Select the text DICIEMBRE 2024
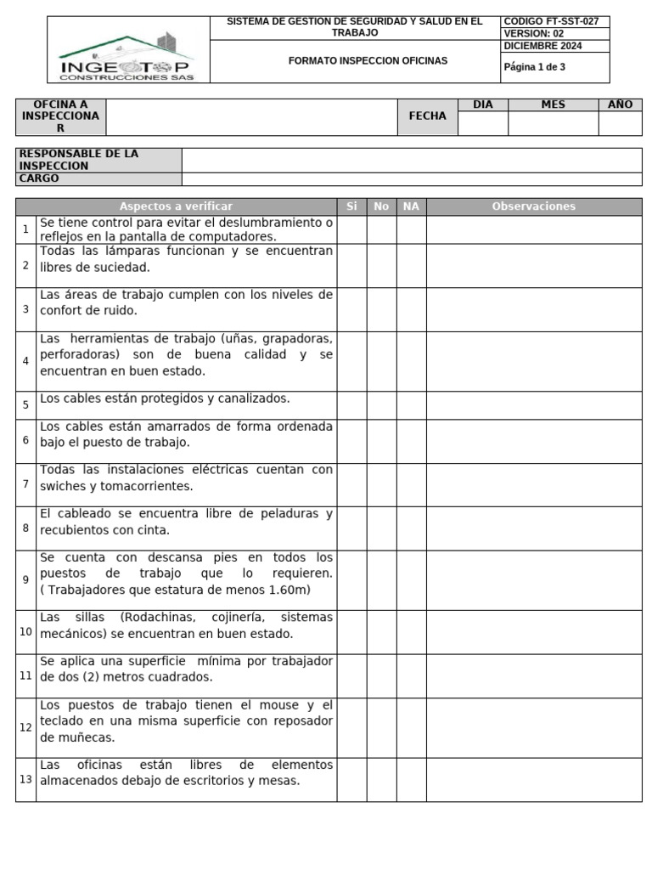(542, 47)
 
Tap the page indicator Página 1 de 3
(535, 67)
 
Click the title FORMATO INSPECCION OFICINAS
(356, 61)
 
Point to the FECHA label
(427, 116)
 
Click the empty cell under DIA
(482, 124)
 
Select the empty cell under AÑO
(620, 124)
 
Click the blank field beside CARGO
(411, 179)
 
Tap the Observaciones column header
(533, 206)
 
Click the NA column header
(411, 206)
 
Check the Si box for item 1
(351, 229)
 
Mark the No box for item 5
(381, 405)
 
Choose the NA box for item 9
(411, 580)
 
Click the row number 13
(25, 779)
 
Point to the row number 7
(25, 484)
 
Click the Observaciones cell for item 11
(533, 676)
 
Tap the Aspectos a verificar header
(176, 206)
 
